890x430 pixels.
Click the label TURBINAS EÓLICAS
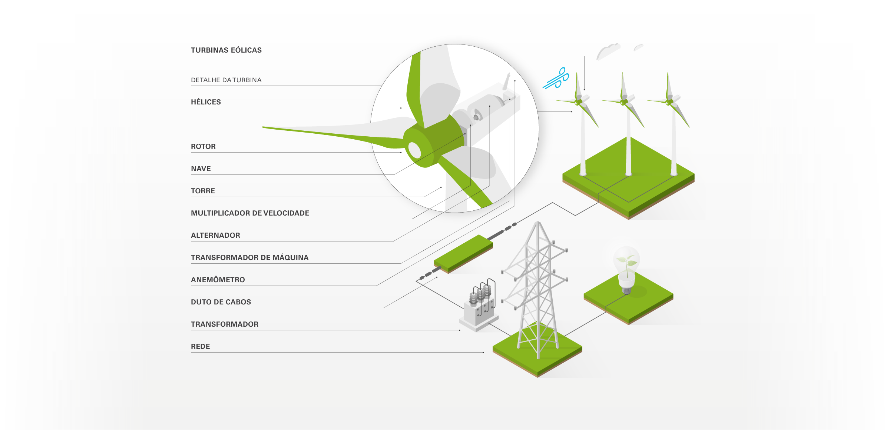[x=226, y=50]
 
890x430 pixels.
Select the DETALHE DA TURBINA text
[x=226, y=80]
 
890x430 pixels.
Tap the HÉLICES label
[x=206, y=102]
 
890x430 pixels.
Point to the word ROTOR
[x=203, y=147]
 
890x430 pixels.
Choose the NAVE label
[x=201, y=169]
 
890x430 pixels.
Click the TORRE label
[x=203, y=191]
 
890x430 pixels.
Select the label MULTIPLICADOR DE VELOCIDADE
[x=250, y=213]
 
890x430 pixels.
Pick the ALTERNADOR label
[x=215, y=236]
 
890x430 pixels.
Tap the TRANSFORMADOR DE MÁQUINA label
[x=249, y=258]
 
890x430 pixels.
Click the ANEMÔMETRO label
[x=218, y=280]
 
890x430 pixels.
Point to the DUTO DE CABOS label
[x=221, y=302]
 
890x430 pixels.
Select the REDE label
[x=200, y=347]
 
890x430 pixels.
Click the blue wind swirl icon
[x=556, y=78]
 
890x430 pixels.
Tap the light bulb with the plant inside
[x=626, y=269]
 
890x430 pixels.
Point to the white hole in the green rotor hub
[x=414, y=150]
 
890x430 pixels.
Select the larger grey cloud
[x=608, y=51]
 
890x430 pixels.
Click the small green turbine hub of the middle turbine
[x=624, y=101]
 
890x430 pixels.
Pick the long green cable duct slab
[x=463, y=254]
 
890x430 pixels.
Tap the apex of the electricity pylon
[x=538, y=223]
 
